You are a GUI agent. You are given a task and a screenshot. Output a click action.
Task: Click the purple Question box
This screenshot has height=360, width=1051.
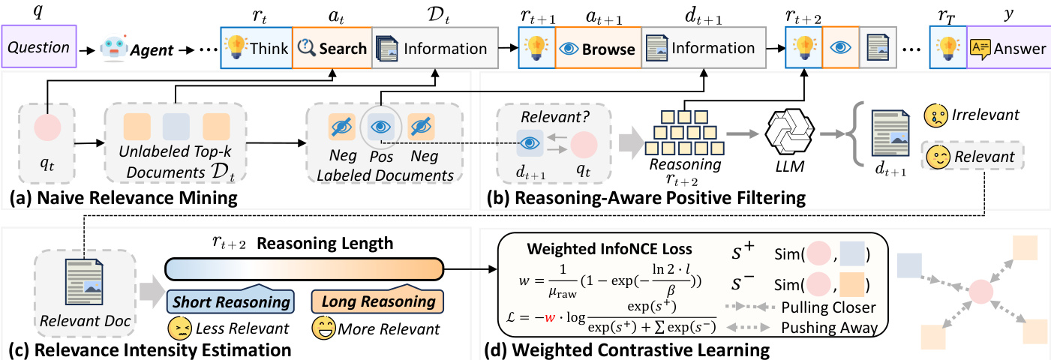tap(39, 46)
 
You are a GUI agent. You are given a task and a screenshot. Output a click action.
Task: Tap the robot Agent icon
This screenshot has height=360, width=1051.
tap(114, 48)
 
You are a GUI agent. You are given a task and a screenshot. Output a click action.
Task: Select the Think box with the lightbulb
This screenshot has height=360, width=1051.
tap(256, 47)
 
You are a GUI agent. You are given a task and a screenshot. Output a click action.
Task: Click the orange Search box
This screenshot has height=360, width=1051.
tap(332, 48)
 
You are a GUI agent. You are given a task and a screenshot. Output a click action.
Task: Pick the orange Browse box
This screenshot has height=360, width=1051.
tap(598, 48)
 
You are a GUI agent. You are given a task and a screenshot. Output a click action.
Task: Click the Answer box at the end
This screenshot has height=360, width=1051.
tap(1008, 48)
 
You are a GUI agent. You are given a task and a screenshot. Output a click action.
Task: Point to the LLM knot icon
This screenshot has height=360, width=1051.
tap(790, 133)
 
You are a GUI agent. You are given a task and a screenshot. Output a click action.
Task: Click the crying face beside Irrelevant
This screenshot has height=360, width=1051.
tap(935, 115)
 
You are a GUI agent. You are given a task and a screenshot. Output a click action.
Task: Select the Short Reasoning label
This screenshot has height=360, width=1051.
tap(231, 301)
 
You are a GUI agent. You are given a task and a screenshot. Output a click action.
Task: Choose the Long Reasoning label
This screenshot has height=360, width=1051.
tap(377, 301)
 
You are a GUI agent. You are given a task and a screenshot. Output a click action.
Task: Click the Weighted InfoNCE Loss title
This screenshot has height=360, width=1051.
tap(609, 249)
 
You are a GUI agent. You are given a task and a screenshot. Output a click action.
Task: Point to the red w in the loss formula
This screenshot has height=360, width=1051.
tap(549, 318)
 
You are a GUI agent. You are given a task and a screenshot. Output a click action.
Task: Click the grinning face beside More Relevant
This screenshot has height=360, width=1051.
tap(324, 327)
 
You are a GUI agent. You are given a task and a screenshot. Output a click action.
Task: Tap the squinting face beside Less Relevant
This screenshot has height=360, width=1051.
tap(180, 328)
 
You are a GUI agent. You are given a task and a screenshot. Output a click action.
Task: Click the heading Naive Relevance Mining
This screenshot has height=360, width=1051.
tap(123, 197)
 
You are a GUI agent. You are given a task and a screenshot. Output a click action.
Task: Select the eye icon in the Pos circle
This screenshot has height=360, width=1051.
tap(380, 126)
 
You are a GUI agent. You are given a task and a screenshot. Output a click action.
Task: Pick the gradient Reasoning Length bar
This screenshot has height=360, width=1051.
tap(304, 269)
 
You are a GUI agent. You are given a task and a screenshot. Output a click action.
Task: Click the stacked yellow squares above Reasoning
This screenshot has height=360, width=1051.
tap(685, 133)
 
